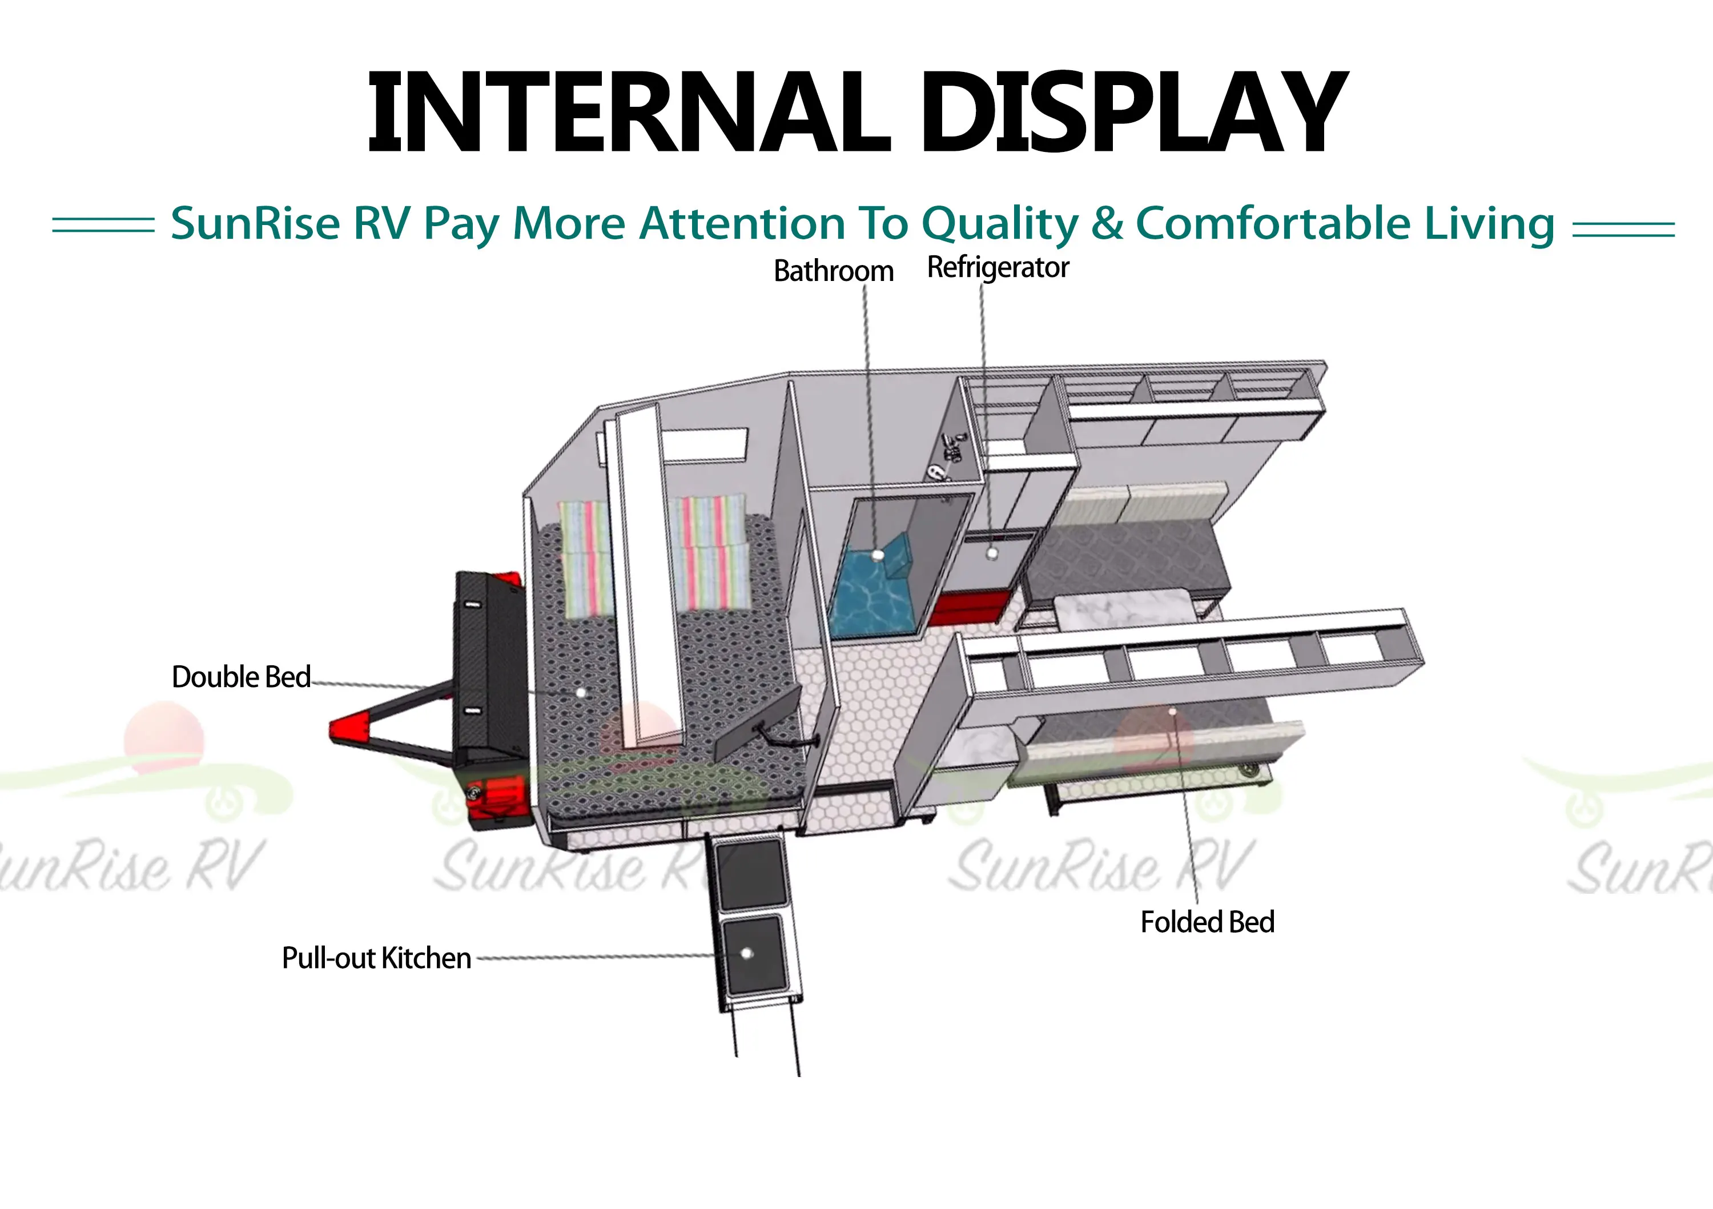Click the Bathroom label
point(833,271)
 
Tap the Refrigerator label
point(998,267)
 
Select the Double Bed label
point(241,677)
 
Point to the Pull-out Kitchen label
point(376,958)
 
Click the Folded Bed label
point(1207,922)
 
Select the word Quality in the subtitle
point(1000,224)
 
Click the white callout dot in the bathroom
point(878,555)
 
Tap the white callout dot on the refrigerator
point(991,554)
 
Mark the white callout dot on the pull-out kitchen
point(747,953)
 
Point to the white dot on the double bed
point(581,693)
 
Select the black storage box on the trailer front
point(489,664)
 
